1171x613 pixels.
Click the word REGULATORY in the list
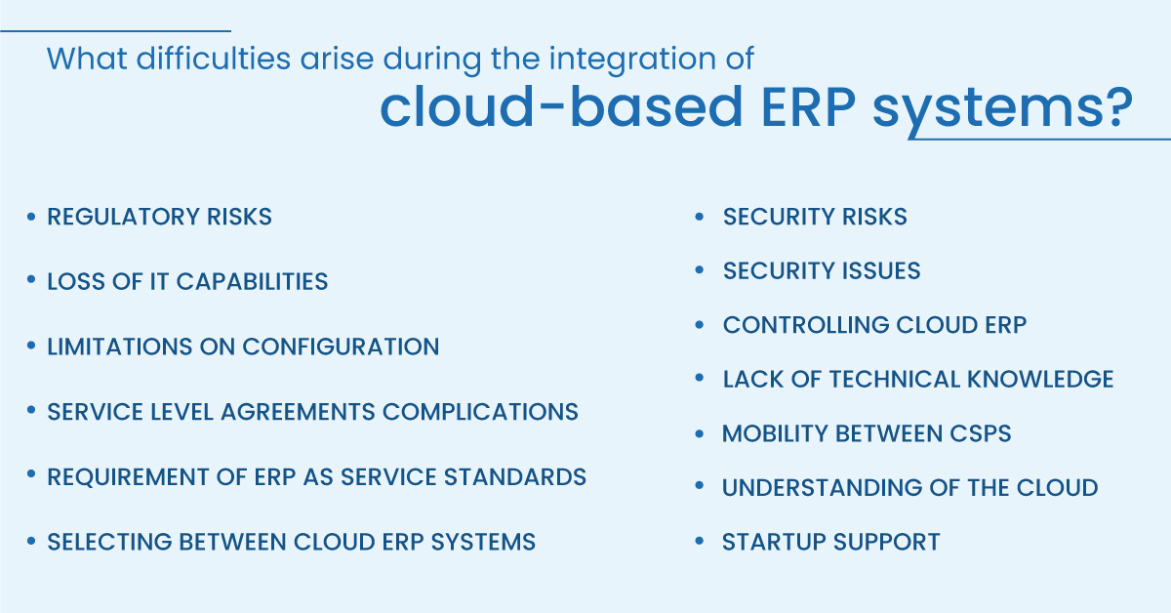[x=123, y=217]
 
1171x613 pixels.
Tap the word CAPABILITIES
[x=252, y=281]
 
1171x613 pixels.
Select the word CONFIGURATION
[x=341, y=347]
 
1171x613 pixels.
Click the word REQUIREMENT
[x=128, y=477]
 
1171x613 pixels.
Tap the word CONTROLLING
[x=806, y=325]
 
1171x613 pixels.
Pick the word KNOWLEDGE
[x=1040, y=379]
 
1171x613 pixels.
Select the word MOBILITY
[x=775, y=433]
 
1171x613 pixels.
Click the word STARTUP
[x=774, y=542]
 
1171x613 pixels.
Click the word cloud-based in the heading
[x=561, y=106]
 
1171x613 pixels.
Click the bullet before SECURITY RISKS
[x=700, y=217]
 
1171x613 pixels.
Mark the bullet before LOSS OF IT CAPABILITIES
[x=31, y=280]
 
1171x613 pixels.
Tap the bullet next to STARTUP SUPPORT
[x=700, y=541]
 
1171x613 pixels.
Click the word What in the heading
[x=87, y=58]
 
